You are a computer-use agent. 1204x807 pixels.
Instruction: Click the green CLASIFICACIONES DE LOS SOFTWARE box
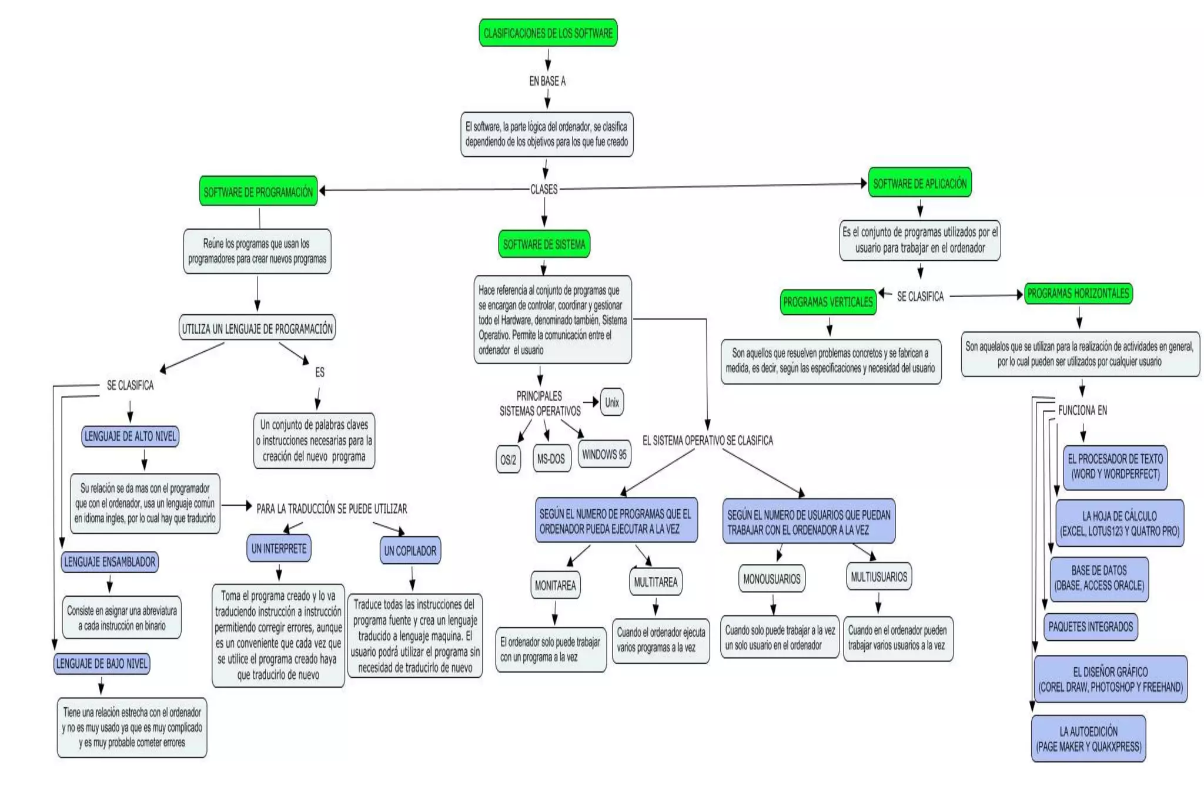(x=548, y=33)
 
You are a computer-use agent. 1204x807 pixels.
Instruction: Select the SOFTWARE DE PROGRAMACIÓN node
(x=258, y=191)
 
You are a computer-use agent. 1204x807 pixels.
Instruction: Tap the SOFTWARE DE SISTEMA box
(x=544, y=244)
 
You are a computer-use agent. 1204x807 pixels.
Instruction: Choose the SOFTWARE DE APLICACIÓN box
(x=919, y=183)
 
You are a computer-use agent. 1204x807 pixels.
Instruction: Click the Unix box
(x=611, y=402)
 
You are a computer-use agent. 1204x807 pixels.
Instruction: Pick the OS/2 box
(x=508, y=459)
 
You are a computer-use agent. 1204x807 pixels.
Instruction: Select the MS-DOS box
(x=551, y=458)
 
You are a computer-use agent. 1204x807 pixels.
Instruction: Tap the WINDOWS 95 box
(x=604, y=454)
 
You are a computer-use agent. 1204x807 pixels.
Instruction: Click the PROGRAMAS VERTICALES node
(x=828, y=302)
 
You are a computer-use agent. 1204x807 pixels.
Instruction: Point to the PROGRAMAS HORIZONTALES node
(x=1078, y=293)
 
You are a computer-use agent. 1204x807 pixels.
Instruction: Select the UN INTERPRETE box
(x=279, y=549)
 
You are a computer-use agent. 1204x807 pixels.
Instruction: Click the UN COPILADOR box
(x=410, y=550)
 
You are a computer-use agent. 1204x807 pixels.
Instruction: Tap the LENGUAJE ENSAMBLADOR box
(x=109, y=561)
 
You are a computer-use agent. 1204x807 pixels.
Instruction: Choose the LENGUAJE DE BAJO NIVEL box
(x=102, y=664)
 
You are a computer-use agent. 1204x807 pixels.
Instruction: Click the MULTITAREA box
(x=655, y=581)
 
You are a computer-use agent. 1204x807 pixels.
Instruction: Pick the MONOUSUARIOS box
(x=771, y=579)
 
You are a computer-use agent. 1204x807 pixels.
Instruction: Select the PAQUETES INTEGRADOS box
(x=1091, y=626)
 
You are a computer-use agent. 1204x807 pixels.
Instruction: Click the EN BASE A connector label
(x=547, y=81)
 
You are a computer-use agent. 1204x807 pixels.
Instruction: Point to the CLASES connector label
(x=544, y=189)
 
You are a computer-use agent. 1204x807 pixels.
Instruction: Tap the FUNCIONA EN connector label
(x=1082, y=410)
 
